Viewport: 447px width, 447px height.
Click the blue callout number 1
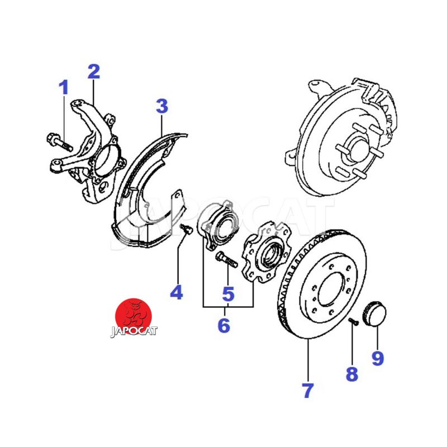click(x=64, y=88)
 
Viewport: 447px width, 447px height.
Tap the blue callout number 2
click(x=93, y=72)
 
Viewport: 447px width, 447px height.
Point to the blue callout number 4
click(x=177, y=292)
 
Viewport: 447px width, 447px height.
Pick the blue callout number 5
click(x=227, y=292)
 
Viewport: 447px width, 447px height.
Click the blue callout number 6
click(x=223, y=325)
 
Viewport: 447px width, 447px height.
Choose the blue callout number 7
click(x=308, y=390)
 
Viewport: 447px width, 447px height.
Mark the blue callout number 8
click(x=351, y=374)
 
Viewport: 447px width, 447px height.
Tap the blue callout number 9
click(x=378, y=358)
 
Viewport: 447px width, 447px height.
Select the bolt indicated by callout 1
click(x=58, y=141)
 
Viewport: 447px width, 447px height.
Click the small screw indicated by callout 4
click(x=186, y=228)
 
